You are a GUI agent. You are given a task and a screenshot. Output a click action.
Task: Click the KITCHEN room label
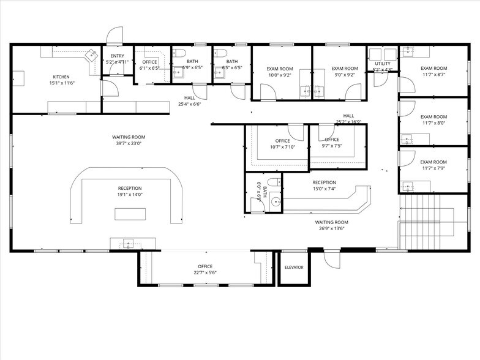point(61,77)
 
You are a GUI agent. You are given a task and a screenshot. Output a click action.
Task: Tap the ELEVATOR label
point(294,268)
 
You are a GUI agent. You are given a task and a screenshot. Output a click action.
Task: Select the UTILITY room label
point(383,63)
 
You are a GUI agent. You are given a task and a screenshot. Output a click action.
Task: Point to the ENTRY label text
point(116,56)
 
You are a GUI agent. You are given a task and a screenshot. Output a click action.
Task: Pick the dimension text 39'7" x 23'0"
point(128,143)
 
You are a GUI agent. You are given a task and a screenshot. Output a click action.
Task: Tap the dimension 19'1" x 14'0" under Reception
point(129,195)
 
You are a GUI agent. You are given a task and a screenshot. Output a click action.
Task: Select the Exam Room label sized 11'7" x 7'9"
point(433,162)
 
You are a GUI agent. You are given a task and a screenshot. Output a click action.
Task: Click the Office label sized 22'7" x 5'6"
point(204,266)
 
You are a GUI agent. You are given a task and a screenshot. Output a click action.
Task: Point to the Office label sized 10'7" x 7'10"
point(282,140)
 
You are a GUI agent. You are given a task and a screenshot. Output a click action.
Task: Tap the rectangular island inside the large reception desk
point(130,214)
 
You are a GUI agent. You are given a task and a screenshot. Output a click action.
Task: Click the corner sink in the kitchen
point(92,54)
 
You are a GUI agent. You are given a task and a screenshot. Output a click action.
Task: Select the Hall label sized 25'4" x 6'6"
point(190,97)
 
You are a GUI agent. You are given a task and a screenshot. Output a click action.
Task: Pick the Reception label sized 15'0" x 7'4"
point(324,182)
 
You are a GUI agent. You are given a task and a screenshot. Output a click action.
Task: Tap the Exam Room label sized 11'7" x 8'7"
point(433,68)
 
